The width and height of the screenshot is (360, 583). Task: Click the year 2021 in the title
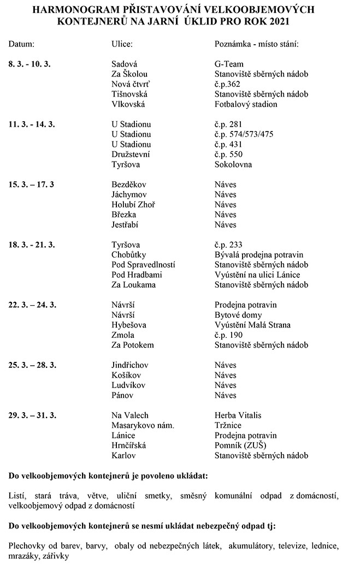pyautogui.click(x=278, y=22)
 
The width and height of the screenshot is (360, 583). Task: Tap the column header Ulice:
pyautogui.click(x=122, y=43)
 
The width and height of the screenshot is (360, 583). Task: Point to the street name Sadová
pyautogui.click(x=124, y=63)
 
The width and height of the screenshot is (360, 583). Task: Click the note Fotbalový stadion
pyautogui.click(x=246, y=104)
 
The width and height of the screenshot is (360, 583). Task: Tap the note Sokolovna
pyautogui.click(x=233, y=164)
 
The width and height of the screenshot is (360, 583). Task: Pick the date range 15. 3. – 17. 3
pyautogui.click(x=31, y=185)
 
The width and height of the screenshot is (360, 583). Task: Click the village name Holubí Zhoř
pyautogui.click(x=133, y=205)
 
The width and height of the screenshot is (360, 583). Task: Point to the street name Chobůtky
pyautogui.click(x=129, y=255)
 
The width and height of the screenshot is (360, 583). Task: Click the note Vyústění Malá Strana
pyautogui.click(x=252, y=325)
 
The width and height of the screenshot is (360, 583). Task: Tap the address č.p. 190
pyautogui.click(x=229, y=335)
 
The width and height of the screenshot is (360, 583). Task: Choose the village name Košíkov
pyautogui.click(x=127, y=376)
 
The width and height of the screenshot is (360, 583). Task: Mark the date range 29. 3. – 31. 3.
pyautogui.click(x=32, y=415)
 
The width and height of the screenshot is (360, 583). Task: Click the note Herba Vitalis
pyautogui.click(x=238, y=415)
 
